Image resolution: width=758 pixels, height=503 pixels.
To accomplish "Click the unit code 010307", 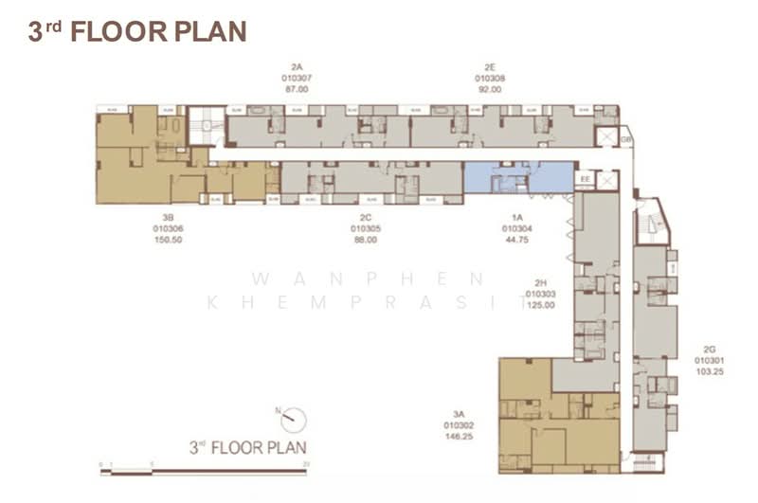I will pyautogui.click(x=297, y=78).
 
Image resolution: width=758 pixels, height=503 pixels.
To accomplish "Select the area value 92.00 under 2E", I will pyautogui.click(x=490, y=89).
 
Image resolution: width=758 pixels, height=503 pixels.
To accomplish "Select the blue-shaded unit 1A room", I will pyautogui.click(x=517, y=176).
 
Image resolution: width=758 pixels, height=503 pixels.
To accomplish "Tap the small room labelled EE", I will pyautogui.click(x=585, y=177).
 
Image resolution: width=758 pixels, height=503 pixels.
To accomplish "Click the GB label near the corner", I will pyautogui.click(x=626, y=139).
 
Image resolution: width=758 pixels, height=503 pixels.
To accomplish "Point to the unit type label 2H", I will pyautogui.click(x=540, y=282).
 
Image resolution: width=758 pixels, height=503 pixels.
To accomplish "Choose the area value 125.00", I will pyautogui.click(x=540, y=305).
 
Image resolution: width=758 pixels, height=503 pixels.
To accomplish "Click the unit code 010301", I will pyautogui.click(x=709, y=361).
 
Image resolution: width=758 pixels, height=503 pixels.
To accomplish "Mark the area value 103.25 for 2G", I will pyautogui.click(x=709, y=372).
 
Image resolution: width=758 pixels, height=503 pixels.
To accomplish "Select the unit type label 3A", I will pyautogui.click(x=459, y=415).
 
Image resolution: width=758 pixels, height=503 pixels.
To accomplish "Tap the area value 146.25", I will pyautogui.click(x=459, y=438).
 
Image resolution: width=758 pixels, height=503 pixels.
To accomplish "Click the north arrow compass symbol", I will pyautogui.click(x=293, y=416).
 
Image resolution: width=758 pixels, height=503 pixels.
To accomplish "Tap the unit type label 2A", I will pyautogui.click(x=297, y=66).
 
